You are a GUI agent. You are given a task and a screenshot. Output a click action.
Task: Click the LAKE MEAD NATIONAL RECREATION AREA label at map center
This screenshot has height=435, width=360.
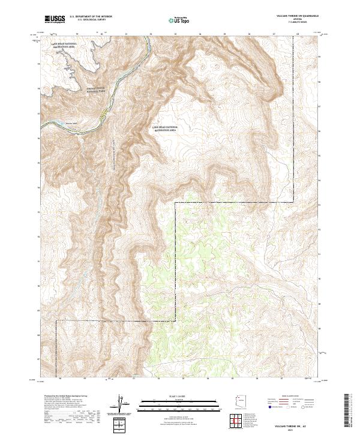tap(165, 130)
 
